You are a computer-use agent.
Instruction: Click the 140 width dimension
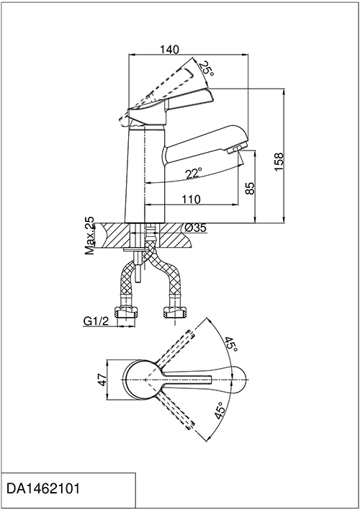(169, 50)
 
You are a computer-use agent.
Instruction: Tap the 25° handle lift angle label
(207, 68)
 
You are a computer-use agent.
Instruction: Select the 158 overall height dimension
(279, 162)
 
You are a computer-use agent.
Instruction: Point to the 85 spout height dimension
(250, 188)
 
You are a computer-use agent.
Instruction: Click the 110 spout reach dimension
(191, 199)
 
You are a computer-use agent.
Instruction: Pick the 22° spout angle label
(194, 173)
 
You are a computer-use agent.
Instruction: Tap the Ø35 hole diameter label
(195, 228)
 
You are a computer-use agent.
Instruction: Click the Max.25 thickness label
(89, 236)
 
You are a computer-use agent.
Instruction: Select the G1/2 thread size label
(96, 321)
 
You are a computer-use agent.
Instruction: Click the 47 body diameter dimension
(102, 380)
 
